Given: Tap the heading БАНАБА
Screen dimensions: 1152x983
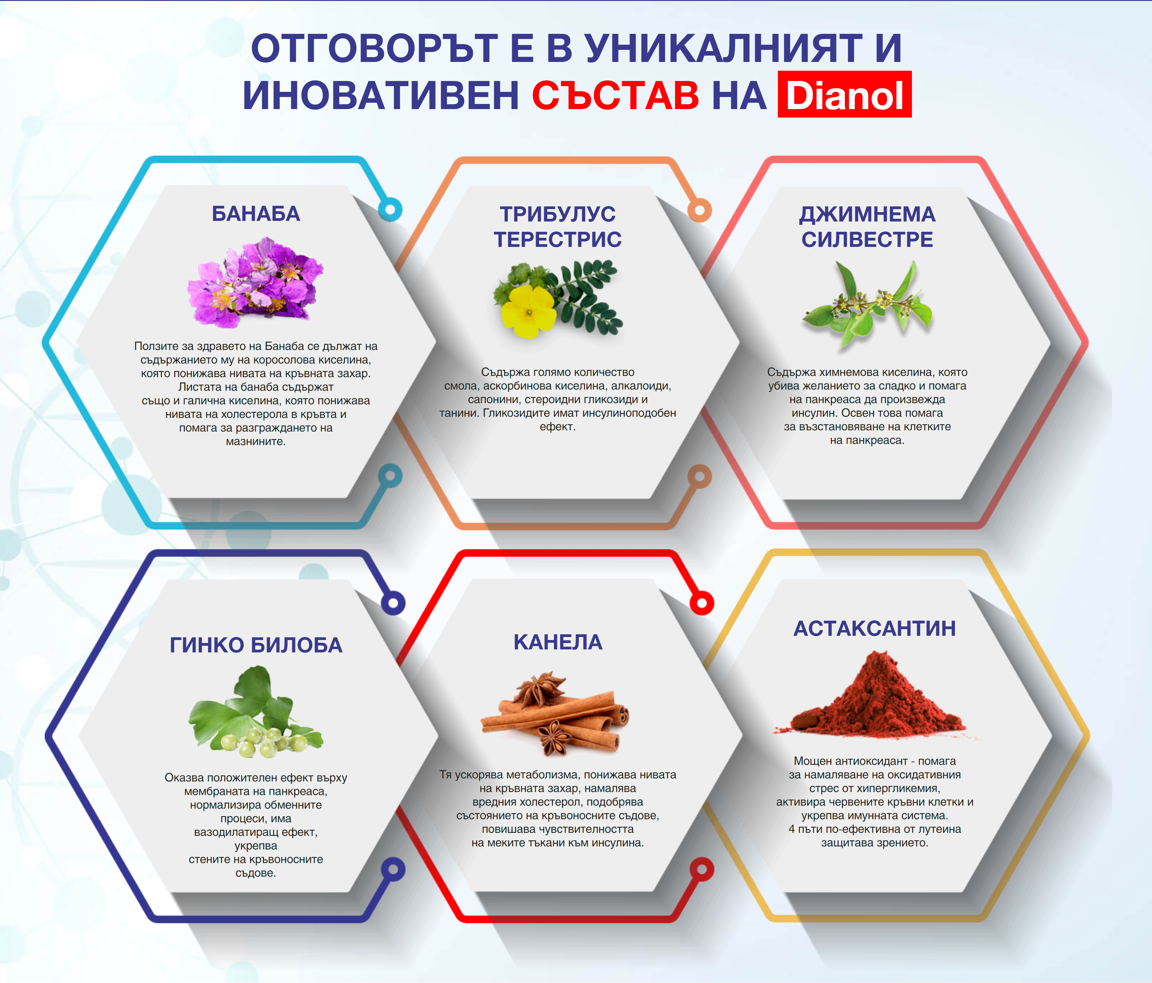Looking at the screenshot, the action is click(x=256, y=214).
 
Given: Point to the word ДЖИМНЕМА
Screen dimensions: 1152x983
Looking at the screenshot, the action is click(x=867, y=214).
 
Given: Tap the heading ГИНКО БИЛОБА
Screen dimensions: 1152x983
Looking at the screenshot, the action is click(x=256, y=645).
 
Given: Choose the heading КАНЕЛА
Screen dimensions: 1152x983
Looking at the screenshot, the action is click(x=558, y=642).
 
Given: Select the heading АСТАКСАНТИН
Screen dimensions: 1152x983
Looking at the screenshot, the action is click(x=874, y=628).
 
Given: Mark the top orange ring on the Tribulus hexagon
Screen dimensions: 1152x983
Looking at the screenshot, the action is click(x=699, y=210).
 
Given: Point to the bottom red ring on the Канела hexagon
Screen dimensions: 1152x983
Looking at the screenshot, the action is click(x=702, y=869).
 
